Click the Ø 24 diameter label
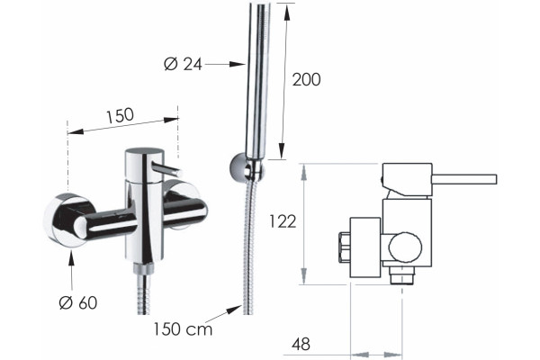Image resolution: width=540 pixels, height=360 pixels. pos(183,64)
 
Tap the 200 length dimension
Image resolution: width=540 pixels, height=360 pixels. pos(306,79)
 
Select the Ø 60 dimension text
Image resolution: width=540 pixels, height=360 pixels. pos(78,302)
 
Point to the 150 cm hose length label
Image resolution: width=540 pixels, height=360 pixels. pos(183,329)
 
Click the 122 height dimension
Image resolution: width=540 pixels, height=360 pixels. pos(283,221)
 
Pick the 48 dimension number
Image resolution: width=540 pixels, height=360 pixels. pos(301,344)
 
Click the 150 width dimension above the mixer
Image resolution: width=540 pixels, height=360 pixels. pos(120,116)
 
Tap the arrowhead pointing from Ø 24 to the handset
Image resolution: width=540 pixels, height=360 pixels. pos(238,64)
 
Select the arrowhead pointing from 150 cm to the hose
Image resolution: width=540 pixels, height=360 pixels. pos(234,309)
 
